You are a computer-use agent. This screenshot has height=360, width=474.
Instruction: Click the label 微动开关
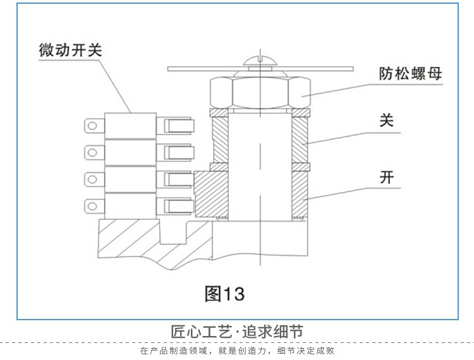pos(70,50)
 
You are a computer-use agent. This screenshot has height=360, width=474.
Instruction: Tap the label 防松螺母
pos(411,74)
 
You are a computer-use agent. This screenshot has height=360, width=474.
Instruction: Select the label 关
pos(387,121)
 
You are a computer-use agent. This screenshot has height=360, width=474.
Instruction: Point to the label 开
pos(387,177)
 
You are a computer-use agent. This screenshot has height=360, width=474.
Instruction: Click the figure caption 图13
pos(224,294)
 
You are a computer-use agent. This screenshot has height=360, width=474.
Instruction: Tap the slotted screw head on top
pos(260,61)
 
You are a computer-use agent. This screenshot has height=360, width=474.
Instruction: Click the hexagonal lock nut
pos(260,93)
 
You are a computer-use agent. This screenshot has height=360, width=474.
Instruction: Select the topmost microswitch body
pos(130,126)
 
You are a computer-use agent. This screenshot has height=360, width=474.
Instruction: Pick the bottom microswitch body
pos(130,206)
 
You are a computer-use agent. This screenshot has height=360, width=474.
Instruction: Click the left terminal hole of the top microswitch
pos(92,125)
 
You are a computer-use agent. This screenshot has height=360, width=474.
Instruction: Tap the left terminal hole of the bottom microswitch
pos(92,207)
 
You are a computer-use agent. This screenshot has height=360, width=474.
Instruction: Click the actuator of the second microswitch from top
pos(179,152)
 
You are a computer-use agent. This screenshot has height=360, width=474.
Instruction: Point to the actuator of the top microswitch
pos(179,126)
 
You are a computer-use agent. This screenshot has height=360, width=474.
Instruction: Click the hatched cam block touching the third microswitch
pos(211,194)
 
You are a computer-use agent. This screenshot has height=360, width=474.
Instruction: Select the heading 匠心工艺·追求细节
pos(237,332)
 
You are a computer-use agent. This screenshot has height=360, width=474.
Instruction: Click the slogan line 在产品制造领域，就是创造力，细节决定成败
pos(237,351)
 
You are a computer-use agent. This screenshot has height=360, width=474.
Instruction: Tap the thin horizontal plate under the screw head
pos(260,69)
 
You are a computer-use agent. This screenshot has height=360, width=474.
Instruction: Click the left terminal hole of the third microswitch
pos(92,179)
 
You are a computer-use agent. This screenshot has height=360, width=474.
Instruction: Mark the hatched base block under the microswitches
pos(151,242)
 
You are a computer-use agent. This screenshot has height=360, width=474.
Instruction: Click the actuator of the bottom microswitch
pos(179,207)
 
